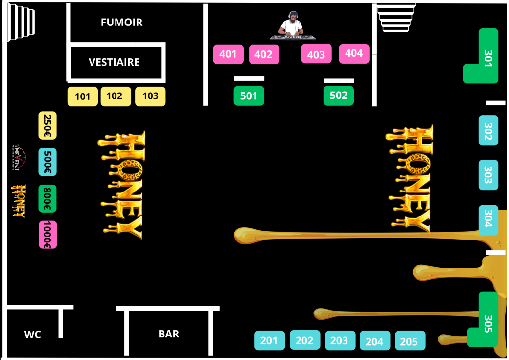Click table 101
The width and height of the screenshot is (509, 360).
[83, 96]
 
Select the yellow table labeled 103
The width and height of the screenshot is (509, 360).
[150, 96]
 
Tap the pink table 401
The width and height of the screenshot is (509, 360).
[228, 54]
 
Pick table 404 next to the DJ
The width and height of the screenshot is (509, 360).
[354, 53]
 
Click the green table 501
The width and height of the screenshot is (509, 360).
[249, 96]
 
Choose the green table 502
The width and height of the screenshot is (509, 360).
[338, 96]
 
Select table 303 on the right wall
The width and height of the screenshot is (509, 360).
[488, 175]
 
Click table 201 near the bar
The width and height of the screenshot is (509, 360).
[269, 340]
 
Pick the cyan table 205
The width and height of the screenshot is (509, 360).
[410, 341]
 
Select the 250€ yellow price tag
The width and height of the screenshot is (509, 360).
[47, 125]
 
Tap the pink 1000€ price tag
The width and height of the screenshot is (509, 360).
[47, 235]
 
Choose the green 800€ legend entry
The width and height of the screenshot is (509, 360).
[47, 198]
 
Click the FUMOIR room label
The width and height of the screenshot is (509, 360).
[121, 23]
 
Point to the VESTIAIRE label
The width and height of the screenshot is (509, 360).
[114, 62]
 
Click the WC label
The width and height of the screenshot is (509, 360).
[33, 335]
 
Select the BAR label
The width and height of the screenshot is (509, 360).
[168, 334]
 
